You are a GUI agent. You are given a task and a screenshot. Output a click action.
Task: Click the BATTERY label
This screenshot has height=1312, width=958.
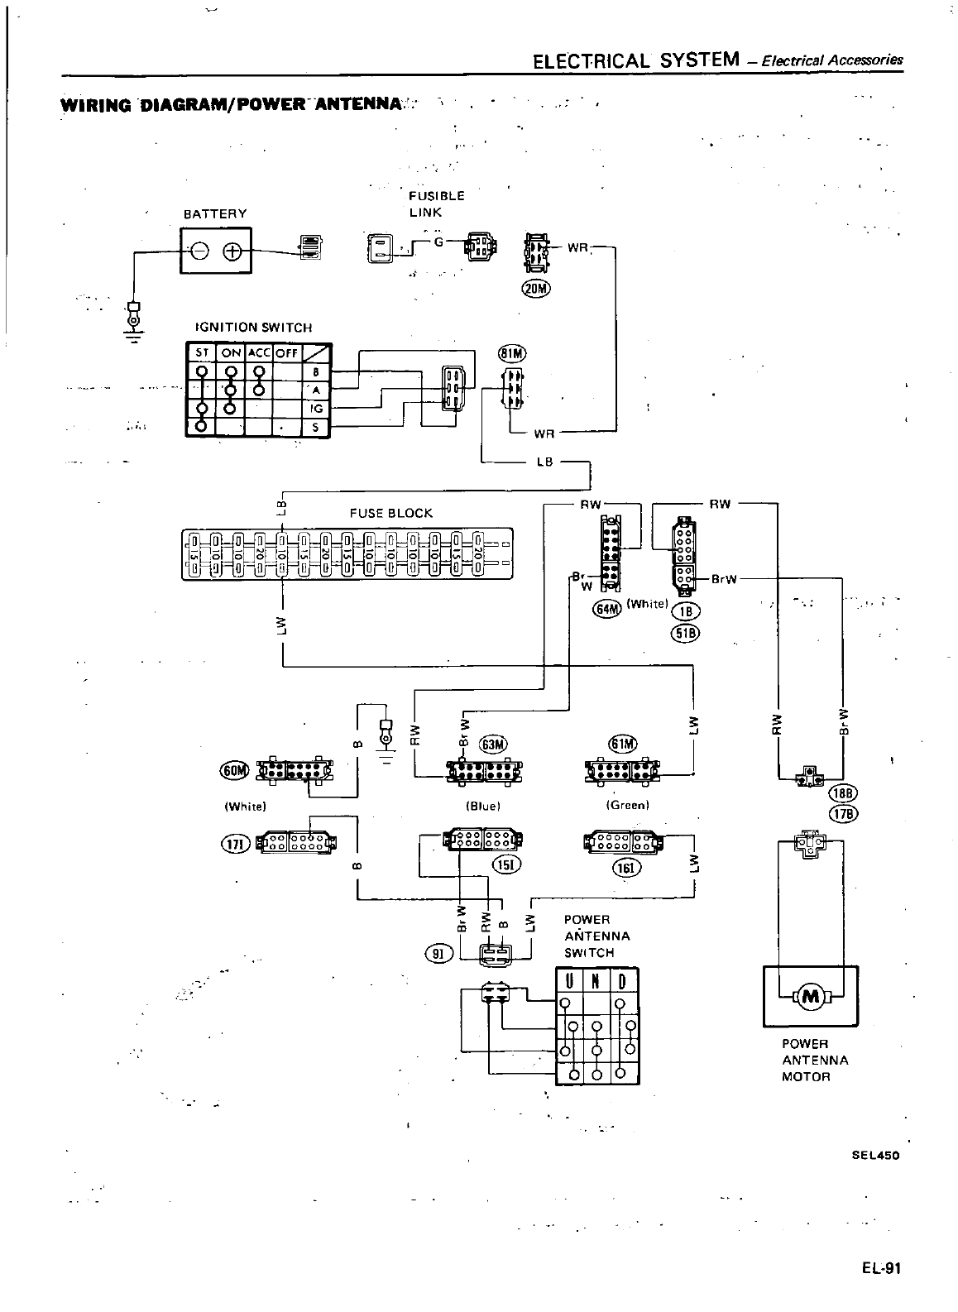pyautogui.click(x=215, y=213)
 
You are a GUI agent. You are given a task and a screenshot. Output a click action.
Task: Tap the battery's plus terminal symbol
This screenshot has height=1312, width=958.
pyautogui.click(x=232, y=251)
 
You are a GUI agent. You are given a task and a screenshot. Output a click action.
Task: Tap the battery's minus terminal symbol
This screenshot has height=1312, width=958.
pyautogui.click(x=200, y=251)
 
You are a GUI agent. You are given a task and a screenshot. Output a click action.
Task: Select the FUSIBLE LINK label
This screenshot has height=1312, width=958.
pyautogui.click(x=436, y=204)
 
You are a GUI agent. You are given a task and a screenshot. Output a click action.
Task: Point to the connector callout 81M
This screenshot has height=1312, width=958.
pyautogui.click(x=511, y=354)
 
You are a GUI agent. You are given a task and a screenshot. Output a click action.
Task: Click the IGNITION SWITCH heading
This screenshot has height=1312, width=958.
pyautogui.click(x=253, y=327)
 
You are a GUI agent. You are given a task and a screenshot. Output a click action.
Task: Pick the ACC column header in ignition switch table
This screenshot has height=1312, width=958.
pyautogui.click(x=260, y=352)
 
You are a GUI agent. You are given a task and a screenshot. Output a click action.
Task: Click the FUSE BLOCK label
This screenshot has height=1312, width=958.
pyautogui.click(x=390, y=513)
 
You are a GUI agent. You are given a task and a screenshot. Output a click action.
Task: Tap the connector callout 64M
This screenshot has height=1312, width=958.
pyautogui.click(x=607, y=610)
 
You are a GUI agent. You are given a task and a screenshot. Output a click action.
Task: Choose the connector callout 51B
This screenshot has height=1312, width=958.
pyautogui.click(x=687, y=633)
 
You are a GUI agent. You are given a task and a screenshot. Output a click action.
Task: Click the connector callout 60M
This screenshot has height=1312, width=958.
pyautogui.click(x=234, y=771)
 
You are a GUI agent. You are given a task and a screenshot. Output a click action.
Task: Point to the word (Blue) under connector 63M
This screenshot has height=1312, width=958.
pyautogui.click(x=484, y=804)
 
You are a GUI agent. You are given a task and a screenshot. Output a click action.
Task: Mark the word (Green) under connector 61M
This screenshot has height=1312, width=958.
pyautogui.click(x=627, y=804)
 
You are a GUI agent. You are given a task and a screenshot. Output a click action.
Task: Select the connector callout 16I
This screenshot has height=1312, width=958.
pyautogui.click(x=622, y=867)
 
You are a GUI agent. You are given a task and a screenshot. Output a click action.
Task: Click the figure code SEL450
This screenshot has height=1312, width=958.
pyautogui.click(x=874, y=1155)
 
